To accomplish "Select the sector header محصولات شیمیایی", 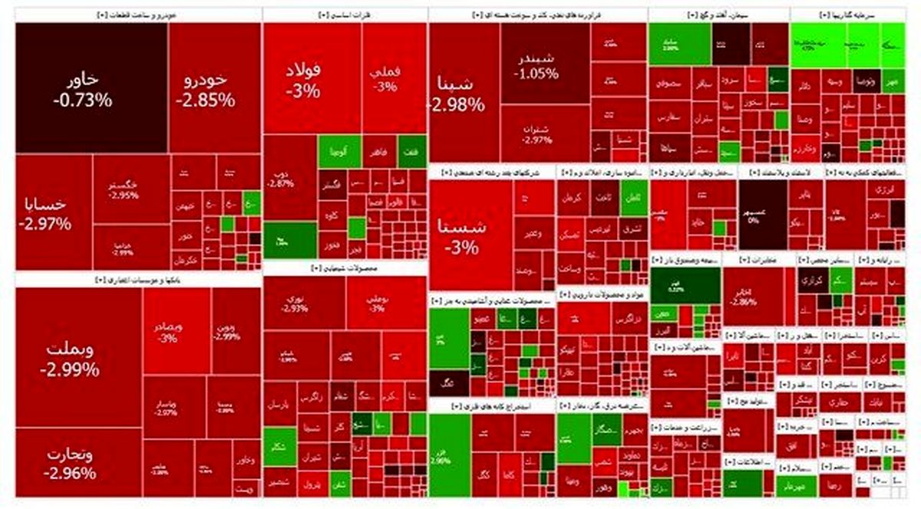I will (x=345, y=269).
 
